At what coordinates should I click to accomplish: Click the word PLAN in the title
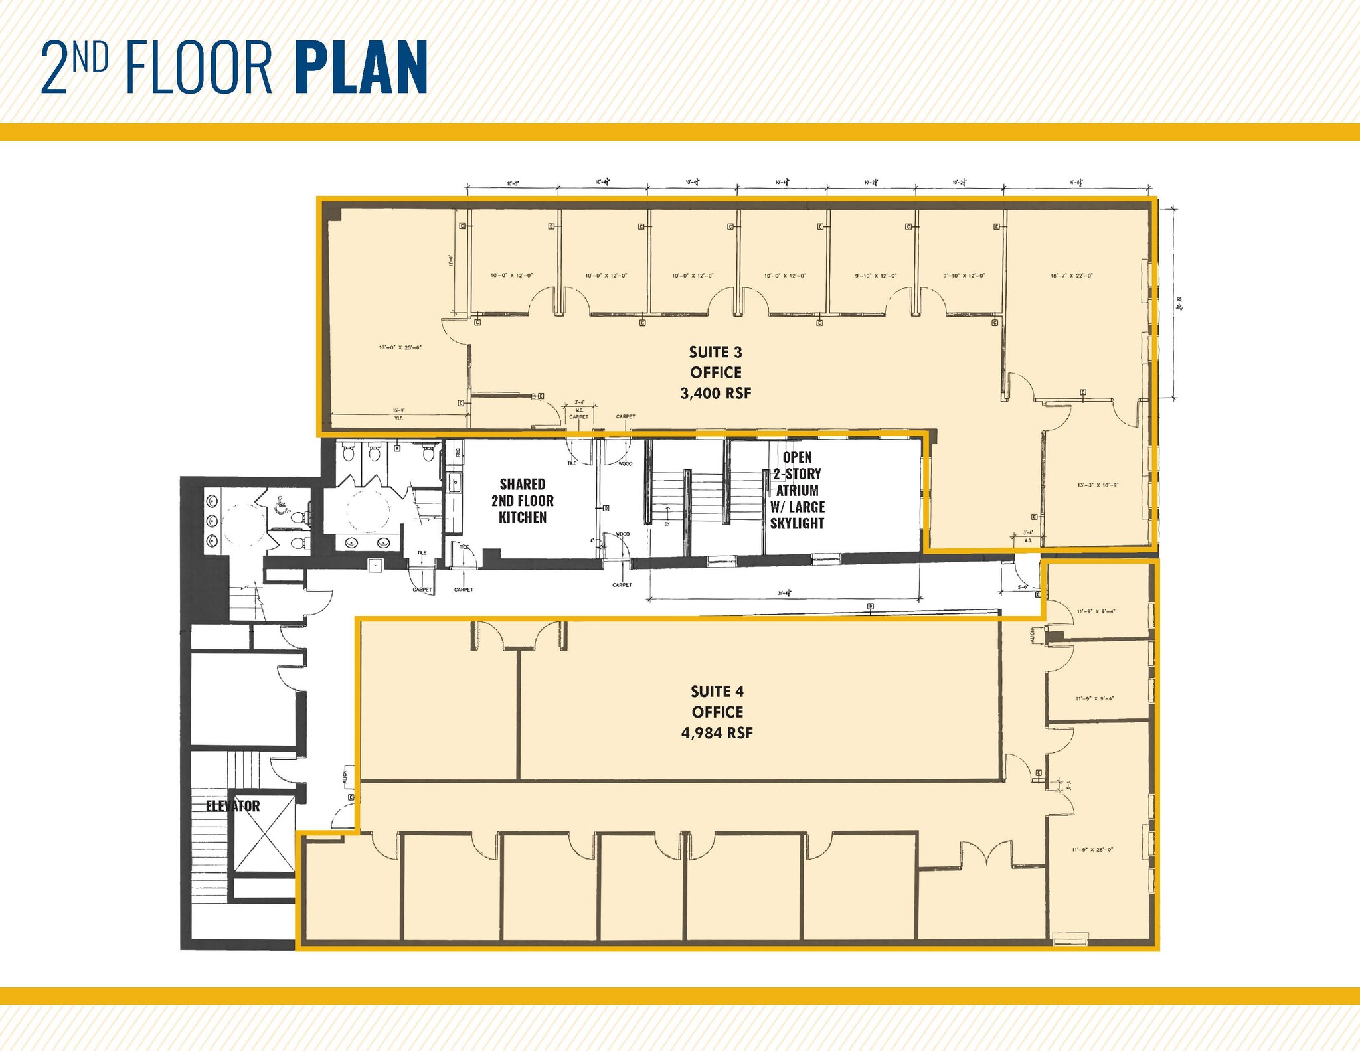(360, 68)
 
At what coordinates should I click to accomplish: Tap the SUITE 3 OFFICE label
(715, 362)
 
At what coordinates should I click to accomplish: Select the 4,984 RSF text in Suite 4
(717, 733)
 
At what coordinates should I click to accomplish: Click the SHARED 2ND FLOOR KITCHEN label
(523, 501)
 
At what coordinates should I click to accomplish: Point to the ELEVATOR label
(232, 806)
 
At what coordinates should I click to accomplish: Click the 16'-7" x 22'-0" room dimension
(1072, 276)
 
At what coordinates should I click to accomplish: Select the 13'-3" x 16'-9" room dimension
(1098, 485)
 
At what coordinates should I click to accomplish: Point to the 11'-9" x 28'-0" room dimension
(1092, 849)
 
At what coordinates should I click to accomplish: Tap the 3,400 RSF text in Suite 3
(715, 393)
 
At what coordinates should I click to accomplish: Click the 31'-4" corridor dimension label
(785, 594)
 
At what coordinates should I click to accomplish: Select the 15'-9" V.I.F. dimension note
(399, 414)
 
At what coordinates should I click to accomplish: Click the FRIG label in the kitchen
(458, 454)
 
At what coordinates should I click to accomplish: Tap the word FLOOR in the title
(199, 68)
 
